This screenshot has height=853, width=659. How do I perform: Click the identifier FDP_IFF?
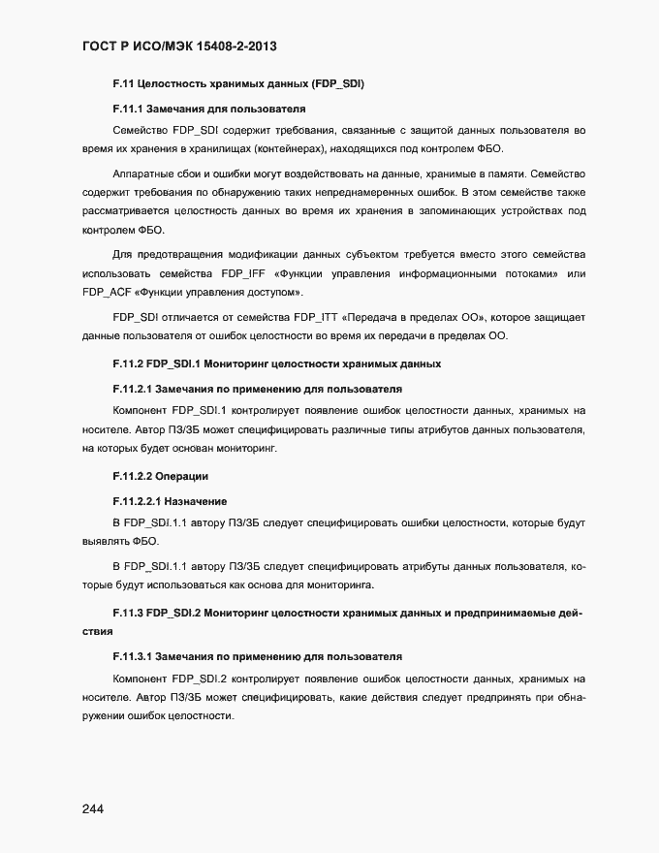pos(243,273)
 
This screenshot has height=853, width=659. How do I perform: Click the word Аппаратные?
pos(144,174)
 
